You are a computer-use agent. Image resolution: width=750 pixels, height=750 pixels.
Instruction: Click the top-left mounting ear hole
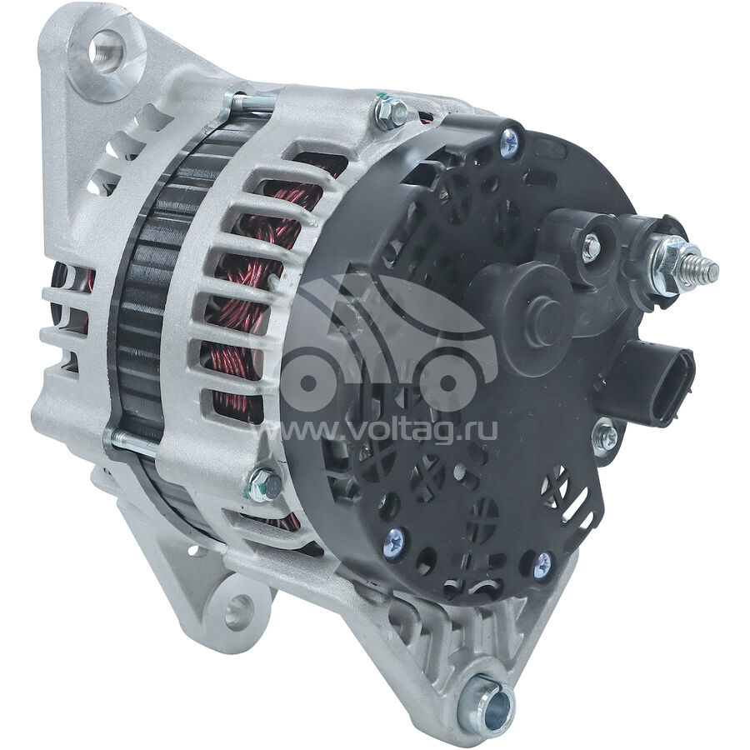106,51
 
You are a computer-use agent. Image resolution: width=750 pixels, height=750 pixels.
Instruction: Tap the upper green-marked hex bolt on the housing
390,114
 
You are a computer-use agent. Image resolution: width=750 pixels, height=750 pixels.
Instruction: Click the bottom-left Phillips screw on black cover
396,540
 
